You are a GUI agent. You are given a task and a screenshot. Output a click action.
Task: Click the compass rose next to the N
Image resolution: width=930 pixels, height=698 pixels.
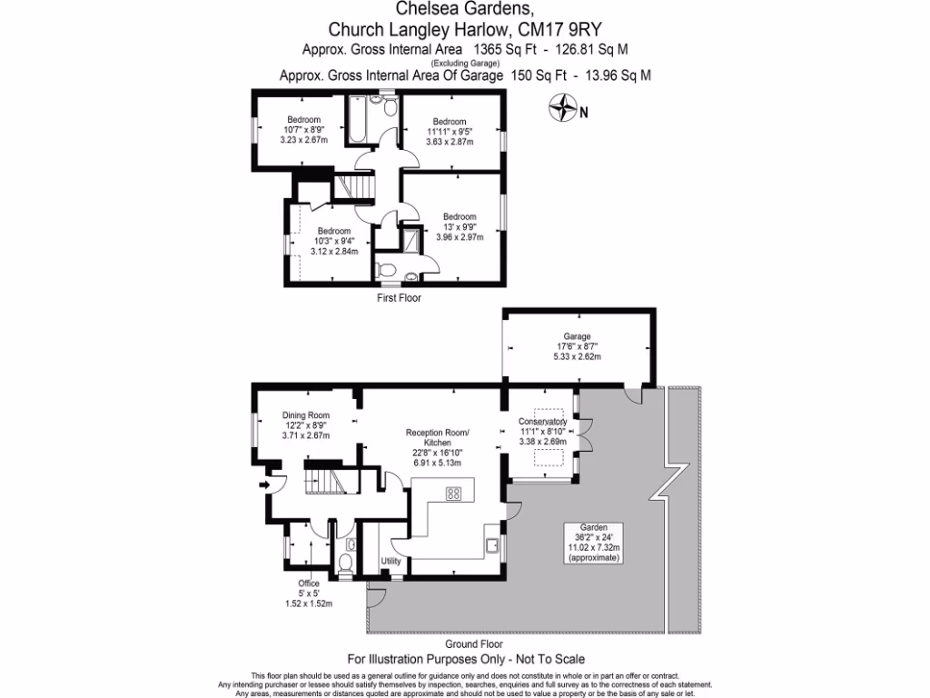[564, 108]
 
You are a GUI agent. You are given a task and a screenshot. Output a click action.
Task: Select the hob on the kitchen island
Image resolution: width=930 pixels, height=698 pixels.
[453, 494]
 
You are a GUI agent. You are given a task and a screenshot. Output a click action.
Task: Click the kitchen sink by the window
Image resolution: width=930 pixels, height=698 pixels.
[491, 545]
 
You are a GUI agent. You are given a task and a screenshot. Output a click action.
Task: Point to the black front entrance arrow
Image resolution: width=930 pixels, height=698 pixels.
[265, 485]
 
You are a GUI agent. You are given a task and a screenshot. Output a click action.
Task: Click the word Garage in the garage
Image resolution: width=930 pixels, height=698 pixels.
[577, 336]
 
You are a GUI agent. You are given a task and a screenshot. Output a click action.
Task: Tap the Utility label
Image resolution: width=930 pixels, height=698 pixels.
[391, 561]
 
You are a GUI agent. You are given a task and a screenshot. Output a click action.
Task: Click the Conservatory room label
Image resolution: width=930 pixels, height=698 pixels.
[542, 423]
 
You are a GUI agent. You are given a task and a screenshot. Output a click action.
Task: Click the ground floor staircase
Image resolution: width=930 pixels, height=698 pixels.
[325, 478]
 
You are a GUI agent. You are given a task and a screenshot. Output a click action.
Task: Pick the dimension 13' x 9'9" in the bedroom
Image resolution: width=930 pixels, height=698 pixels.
[459, 226]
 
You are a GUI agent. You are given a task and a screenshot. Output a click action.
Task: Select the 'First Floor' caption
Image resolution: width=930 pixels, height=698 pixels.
[399, 297]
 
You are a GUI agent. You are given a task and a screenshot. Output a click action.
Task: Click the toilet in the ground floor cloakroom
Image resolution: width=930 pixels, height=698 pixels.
[346, 562]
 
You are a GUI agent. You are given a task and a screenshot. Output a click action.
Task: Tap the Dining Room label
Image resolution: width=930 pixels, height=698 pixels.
[305, 415]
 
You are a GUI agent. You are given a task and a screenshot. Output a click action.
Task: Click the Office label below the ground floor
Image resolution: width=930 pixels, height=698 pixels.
[309, 583]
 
